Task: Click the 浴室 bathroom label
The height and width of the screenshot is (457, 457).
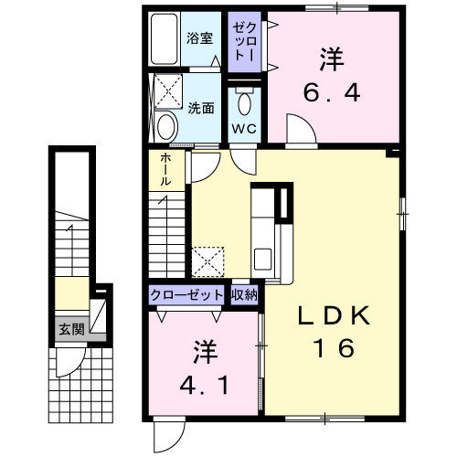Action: point(199,38)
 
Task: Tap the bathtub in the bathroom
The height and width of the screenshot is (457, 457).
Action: point(165,38)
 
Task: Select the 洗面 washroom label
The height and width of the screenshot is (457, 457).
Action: point(201,108)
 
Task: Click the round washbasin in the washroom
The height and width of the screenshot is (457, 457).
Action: point(167,127)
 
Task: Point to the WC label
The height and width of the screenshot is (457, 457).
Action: point(244,129)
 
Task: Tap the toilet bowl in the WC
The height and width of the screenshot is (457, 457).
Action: point(244,103)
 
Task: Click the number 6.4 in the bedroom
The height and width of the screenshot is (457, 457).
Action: point(332,92)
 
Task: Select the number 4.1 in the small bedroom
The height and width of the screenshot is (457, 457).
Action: point(204,385)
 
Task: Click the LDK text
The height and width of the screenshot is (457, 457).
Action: point(334,315)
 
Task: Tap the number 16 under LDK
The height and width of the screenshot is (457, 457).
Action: point(334,347)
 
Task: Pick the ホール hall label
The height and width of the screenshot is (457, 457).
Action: point(165,169)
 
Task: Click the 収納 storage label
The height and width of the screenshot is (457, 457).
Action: point(244,294)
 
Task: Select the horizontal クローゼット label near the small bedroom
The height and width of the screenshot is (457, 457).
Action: point(186,295)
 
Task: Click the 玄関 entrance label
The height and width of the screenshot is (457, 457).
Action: point(71,329)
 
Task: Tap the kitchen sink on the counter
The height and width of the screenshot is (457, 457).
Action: point(262,259)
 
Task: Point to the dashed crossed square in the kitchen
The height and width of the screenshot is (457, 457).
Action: point(207,262)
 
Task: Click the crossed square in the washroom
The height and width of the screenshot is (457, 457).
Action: point(168,90)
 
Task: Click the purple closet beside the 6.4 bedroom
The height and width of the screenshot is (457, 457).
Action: point(244,42)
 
